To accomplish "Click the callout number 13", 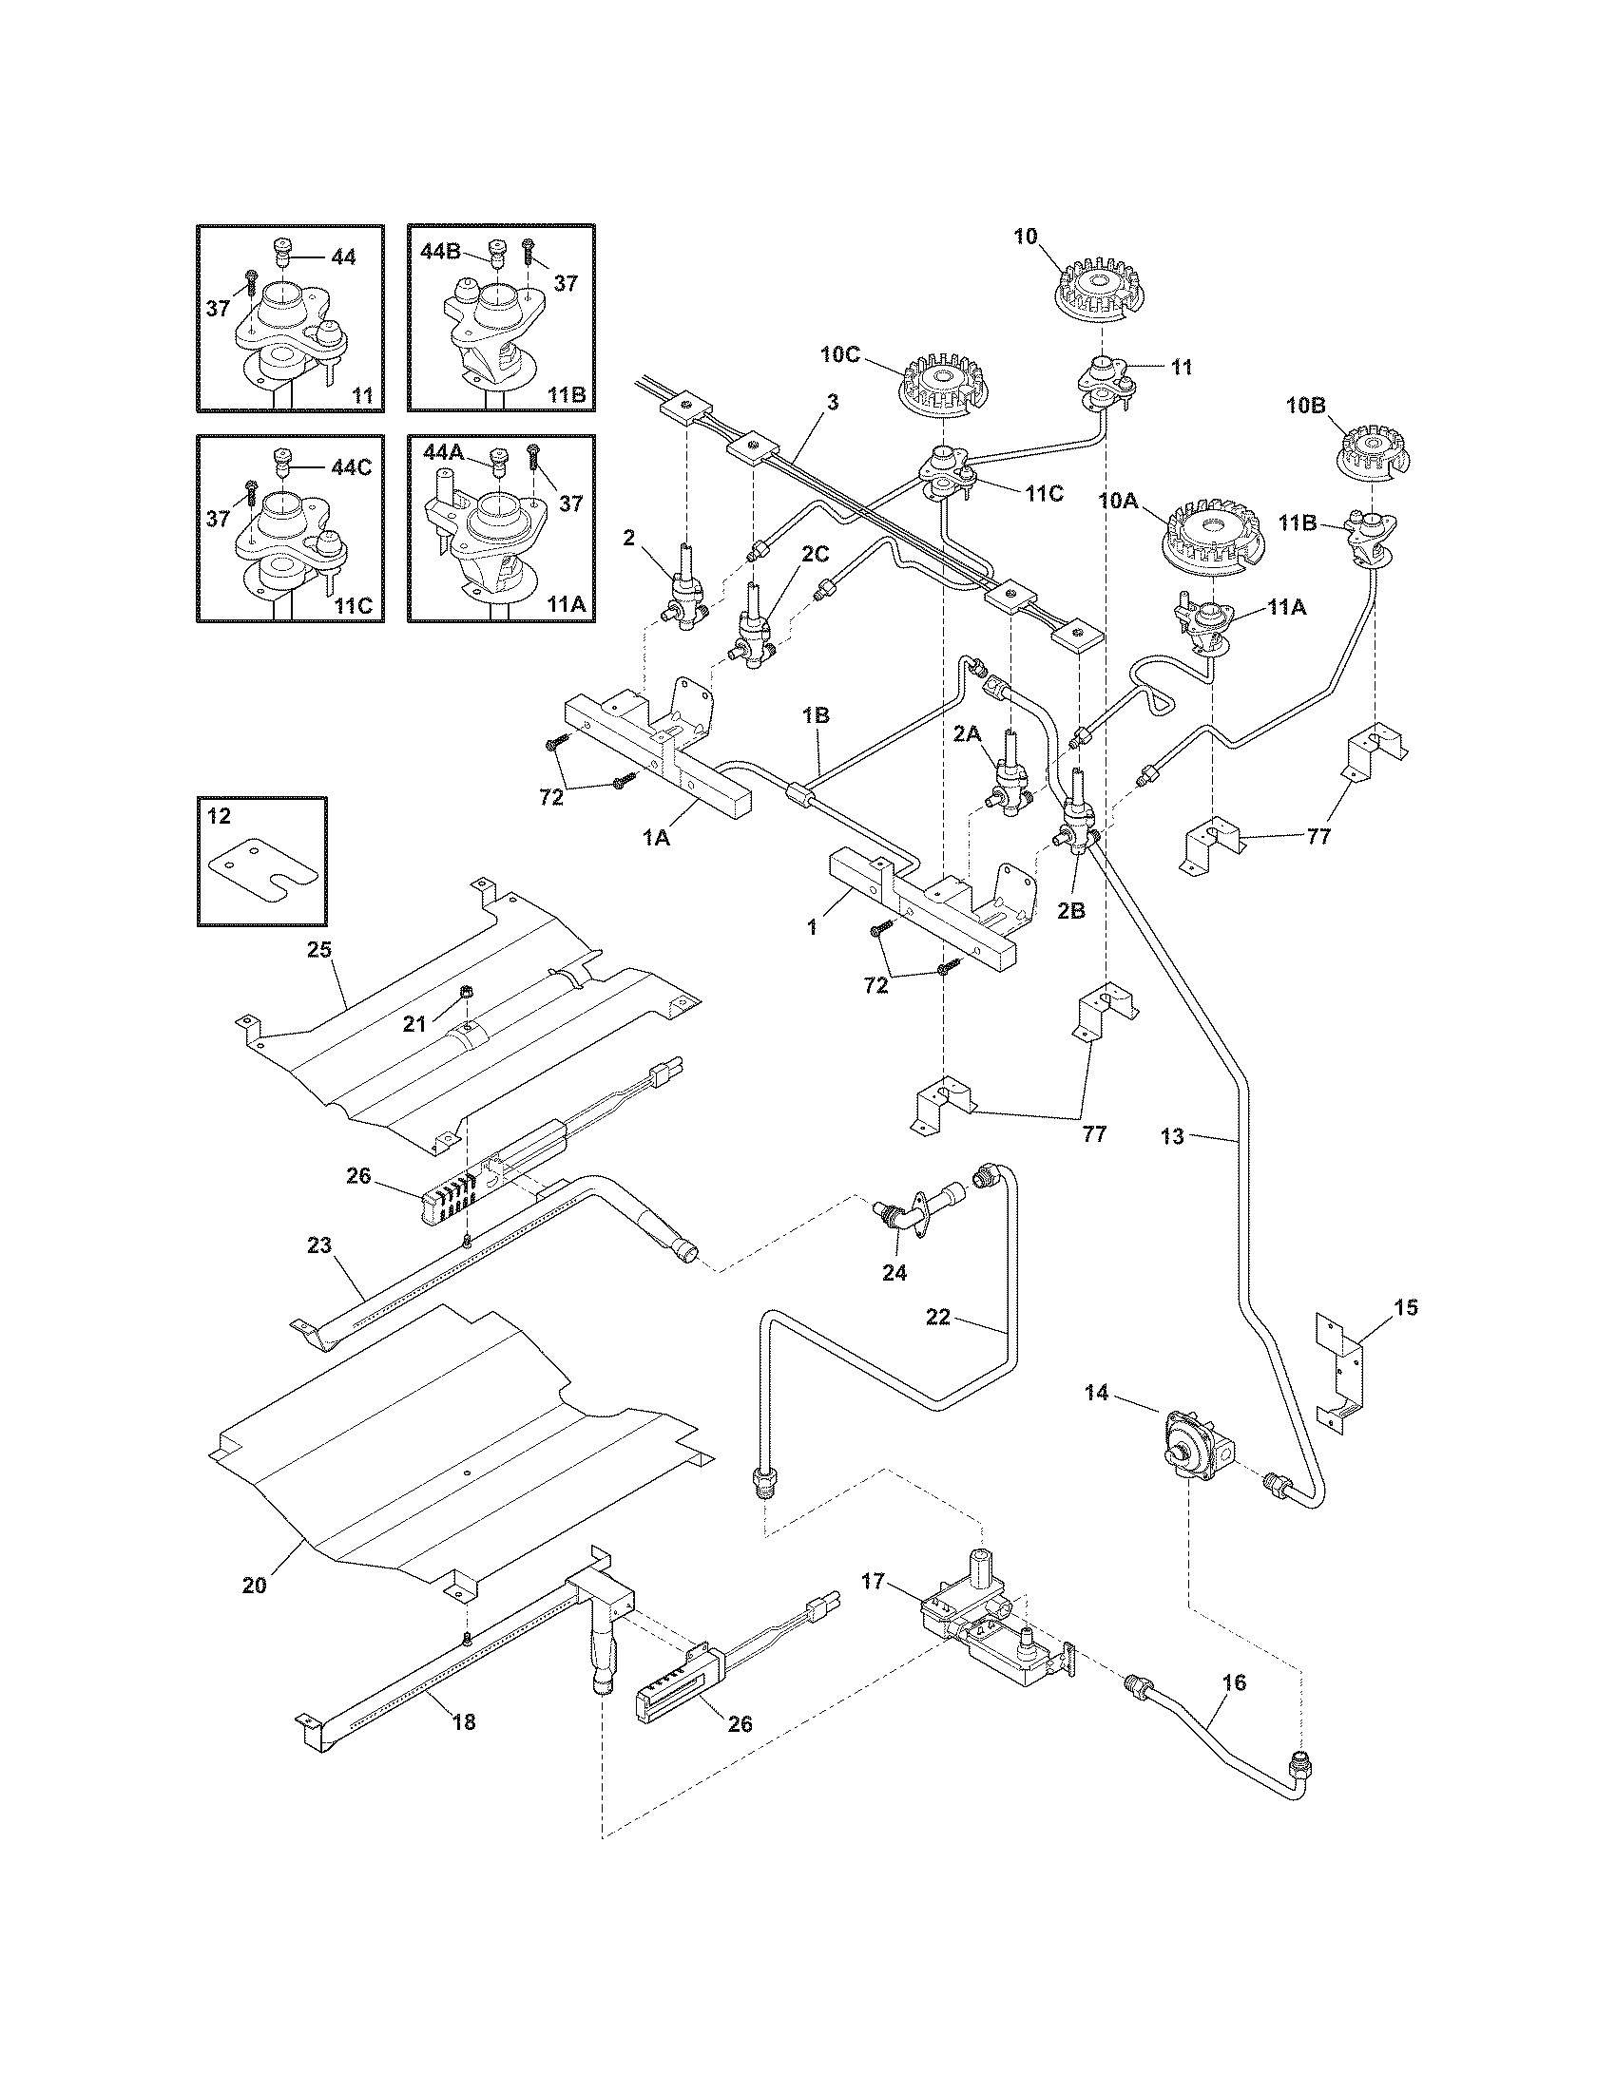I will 1172,1136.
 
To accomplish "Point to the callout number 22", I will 937,1317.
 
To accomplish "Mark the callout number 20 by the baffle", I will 254,1585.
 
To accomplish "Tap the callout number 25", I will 318,950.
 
